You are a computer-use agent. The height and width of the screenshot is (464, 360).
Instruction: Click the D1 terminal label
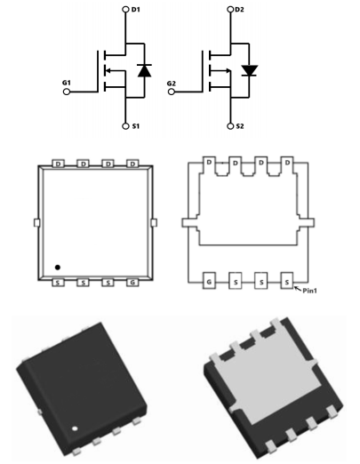[135, 10]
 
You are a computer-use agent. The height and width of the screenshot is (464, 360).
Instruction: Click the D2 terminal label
[239, 10]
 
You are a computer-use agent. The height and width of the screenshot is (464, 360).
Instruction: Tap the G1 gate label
[67, 83]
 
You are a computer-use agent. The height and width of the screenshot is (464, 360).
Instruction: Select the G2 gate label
[172, 84]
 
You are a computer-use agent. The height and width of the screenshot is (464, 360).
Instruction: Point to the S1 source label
[135, 126]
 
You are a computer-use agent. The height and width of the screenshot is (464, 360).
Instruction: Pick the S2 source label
[240, 126]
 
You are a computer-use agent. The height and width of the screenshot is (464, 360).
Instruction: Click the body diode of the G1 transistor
[145, 70]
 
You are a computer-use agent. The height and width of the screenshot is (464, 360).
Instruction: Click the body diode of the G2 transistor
[249, 70]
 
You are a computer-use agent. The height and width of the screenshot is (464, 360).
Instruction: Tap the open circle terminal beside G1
[67, 92]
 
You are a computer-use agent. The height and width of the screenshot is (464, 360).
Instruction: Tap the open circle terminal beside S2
[230, 126]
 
